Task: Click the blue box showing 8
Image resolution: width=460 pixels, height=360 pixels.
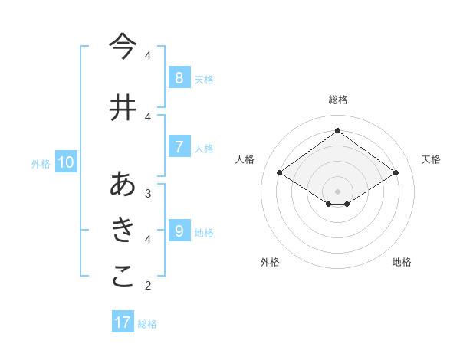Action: (179, 77)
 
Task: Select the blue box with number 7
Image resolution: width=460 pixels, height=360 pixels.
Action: (179, 146)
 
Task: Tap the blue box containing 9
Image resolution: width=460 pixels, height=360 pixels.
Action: (179, 231)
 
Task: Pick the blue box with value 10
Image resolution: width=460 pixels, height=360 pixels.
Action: (66, 162)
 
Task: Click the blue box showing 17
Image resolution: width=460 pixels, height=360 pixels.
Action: (123, 322)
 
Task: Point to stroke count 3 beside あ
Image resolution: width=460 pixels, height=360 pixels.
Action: (148, 193)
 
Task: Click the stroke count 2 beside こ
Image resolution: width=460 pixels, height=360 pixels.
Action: (148, 286)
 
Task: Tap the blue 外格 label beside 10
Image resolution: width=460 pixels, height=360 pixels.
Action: (41, 163)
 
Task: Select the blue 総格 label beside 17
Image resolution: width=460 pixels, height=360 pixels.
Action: (147, 323)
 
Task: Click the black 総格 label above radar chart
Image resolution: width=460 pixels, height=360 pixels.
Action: (337, 100)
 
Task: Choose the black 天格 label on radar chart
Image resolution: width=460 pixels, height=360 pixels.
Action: (431, 159)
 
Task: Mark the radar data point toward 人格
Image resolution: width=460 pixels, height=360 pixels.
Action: (280, 173)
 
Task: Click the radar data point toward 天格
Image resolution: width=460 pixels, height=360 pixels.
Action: (396, 173)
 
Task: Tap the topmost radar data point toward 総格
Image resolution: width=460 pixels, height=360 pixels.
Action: (337, 131)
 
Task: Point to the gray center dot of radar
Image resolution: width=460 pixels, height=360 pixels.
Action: (337, 191)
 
